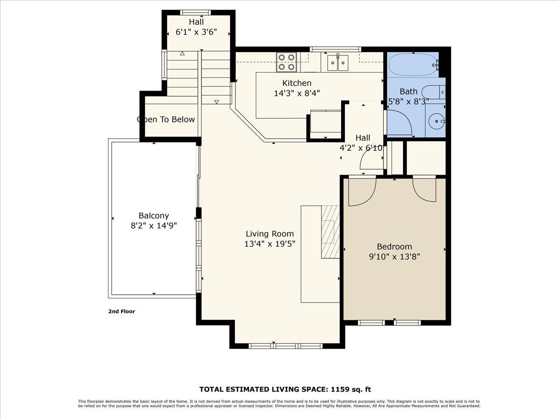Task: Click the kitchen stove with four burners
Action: [x=286, y=62]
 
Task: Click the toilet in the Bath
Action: [x=433, y=92]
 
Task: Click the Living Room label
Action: [x=270, y=234]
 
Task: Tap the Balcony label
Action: [x=154, y=216]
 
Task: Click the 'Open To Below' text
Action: [x=166, y=120]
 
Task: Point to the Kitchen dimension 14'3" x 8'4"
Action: [x=297, y=93]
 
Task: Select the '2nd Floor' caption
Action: [x=122, y=311]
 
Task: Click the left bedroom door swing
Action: [x=362, y=191]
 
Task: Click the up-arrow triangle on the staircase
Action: [x=182, y=54]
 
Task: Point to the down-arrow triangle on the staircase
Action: [x=217, y=101]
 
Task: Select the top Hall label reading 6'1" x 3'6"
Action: [x=196, y=27]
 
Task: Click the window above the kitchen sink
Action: [x=335, y=48]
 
